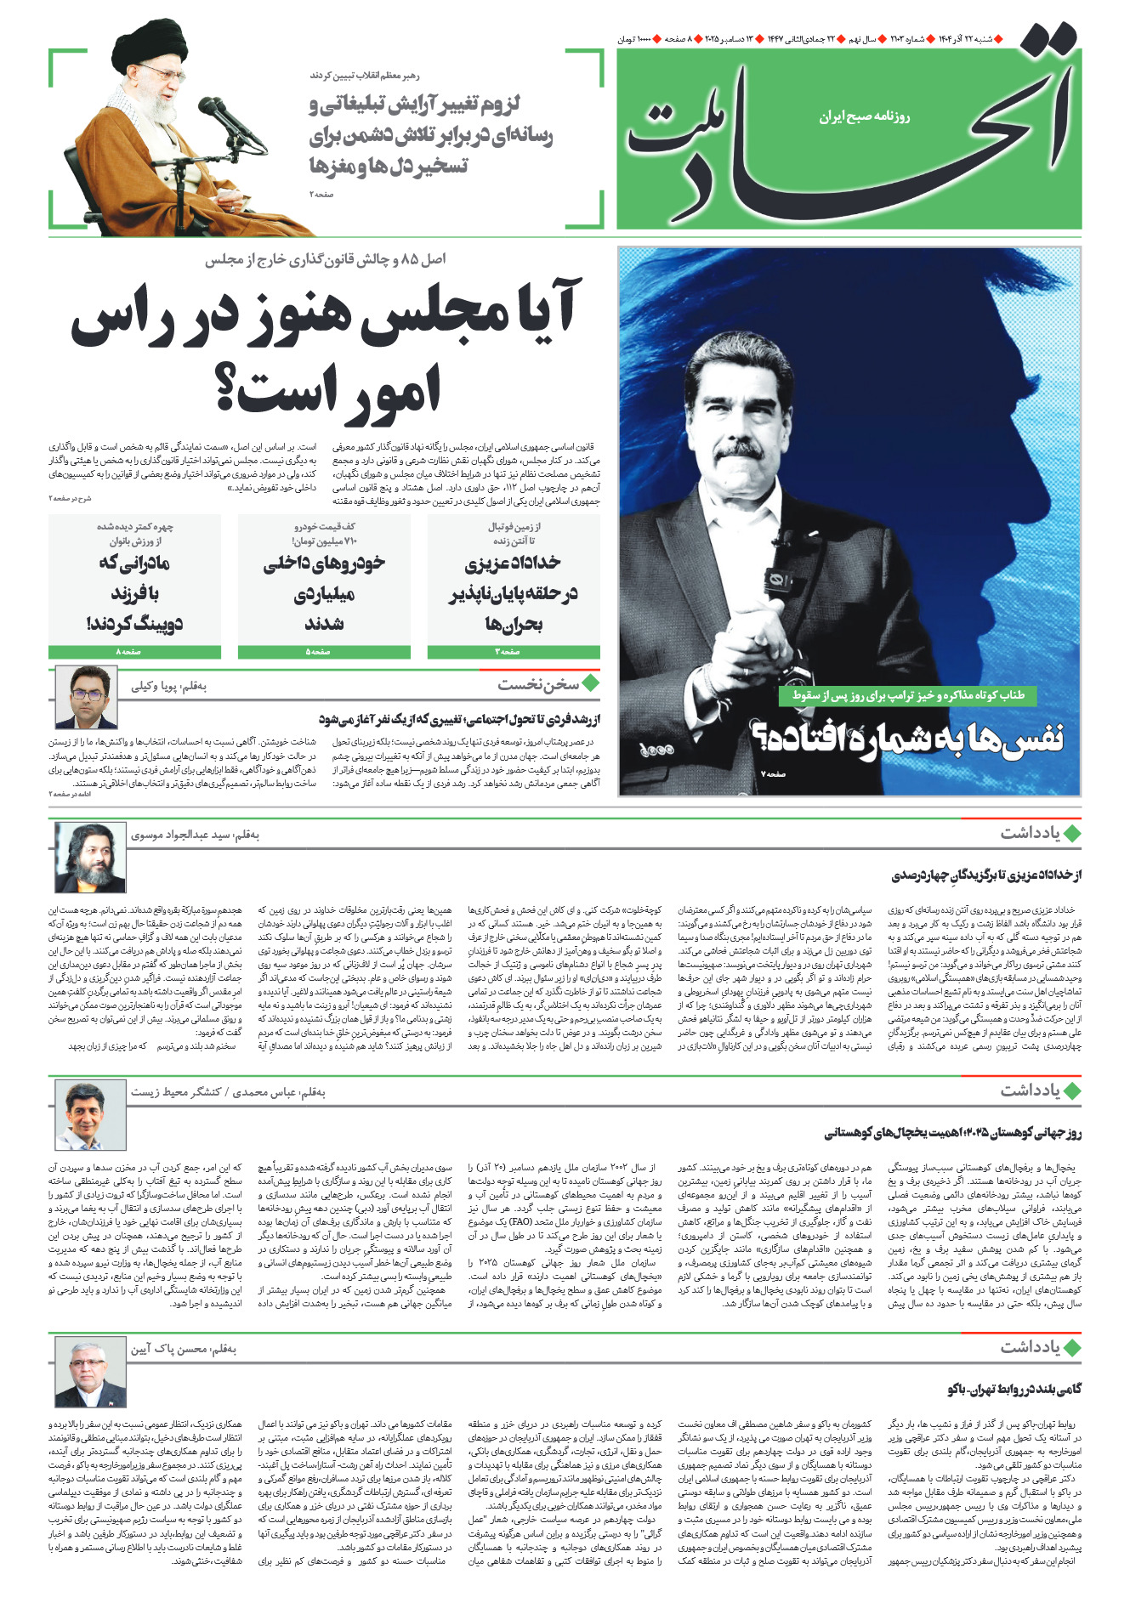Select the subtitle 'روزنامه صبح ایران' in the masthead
coord(864,116)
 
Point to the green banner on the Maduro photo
coord(908,695)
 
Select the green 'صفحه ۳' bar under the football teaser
coord(514,652)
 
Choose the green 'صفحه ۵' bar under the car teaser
coord(324,652)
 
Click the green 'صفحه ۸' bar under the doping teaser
coord(134,652)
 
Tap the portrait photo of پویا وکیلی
coord(86,697)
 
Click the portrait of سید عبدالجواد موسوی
coord(89,857)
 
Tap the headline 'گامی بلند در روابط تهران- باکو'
coord(1014,1390)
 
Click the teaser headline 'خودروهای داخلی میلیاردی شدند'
coord(324,592)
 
